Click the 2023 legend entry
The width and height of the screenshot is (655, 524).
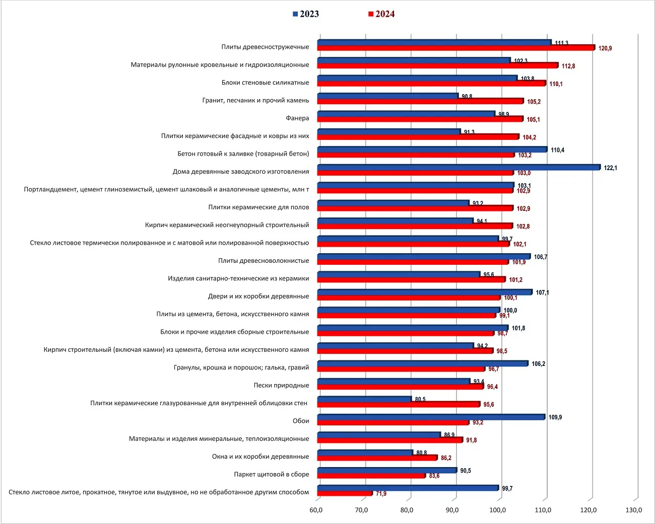coord(306,14)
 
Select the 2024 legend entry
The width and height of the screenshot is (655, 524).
coord(381,14)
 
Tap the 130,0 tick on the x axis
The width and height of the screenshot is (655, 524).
coord(633,510)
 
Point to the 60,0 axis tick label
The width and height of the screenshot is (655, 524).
coord(316,510)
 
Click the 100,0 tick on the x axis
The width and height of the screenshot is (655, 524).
coord(497,510)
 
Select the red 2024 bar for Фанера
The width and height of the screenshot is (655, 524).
coord(420,119)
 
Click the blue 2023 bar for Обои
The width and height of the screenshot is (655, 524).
coord(431,417)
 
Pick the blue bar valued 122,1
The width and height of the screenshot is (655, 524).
coord(458,167)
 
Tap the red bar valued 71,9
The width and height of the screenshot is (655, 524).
coord(345,493)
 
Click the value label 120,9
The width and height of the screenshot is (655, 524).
coord(605,48)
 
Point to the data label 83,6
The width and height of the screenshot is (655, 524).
coord(434,476)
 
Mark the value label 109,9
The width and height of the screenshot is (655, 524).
coord(555,417)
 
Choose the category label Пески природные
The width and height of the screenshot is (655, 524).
coord(281,385)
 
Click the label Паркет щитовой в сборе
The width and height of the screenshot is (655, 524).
coord(271,474)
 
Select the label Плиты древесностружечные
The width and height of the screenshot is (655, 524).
coord(265,47)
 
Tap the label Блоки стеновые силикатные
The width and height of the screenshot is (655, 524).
coord(265,83)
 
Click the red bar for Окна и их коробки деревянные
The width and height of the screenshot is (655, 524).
coord(377,458)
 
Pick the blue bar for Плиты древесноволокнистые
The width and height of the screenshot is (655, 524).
coord(424,257)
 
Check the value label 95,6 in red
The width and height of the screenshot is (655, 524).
coord(488,405)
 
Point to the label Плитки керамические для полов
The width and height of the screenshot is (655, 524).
coord(258,207)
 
